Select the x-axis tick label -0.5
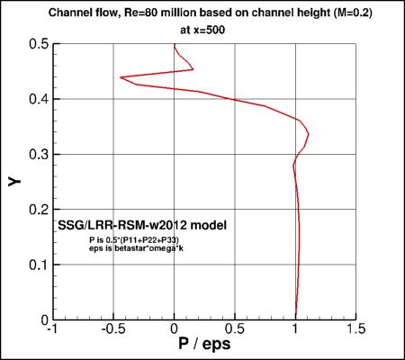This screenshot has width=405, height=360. [112, 330]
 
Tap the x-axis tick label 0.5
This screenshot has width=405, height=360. [235, 330]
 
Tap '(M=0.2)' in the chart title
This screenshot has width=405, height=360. [338, 11]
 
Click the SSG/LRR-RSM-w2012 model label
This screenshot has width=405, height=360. [141, 224]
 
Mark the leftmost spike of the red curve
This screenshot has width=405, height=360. [120, 77]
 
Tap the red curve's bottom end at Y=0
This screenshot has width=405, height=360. [296, 319]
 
